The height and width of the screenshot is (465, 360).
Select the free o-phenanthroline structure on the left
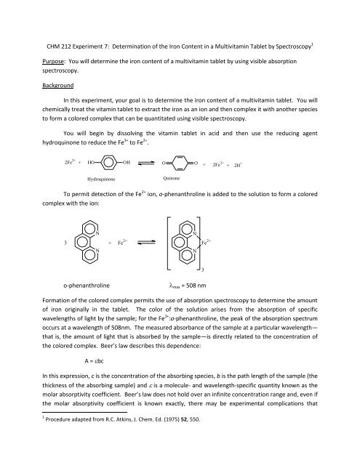click(x=89, y=241)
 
